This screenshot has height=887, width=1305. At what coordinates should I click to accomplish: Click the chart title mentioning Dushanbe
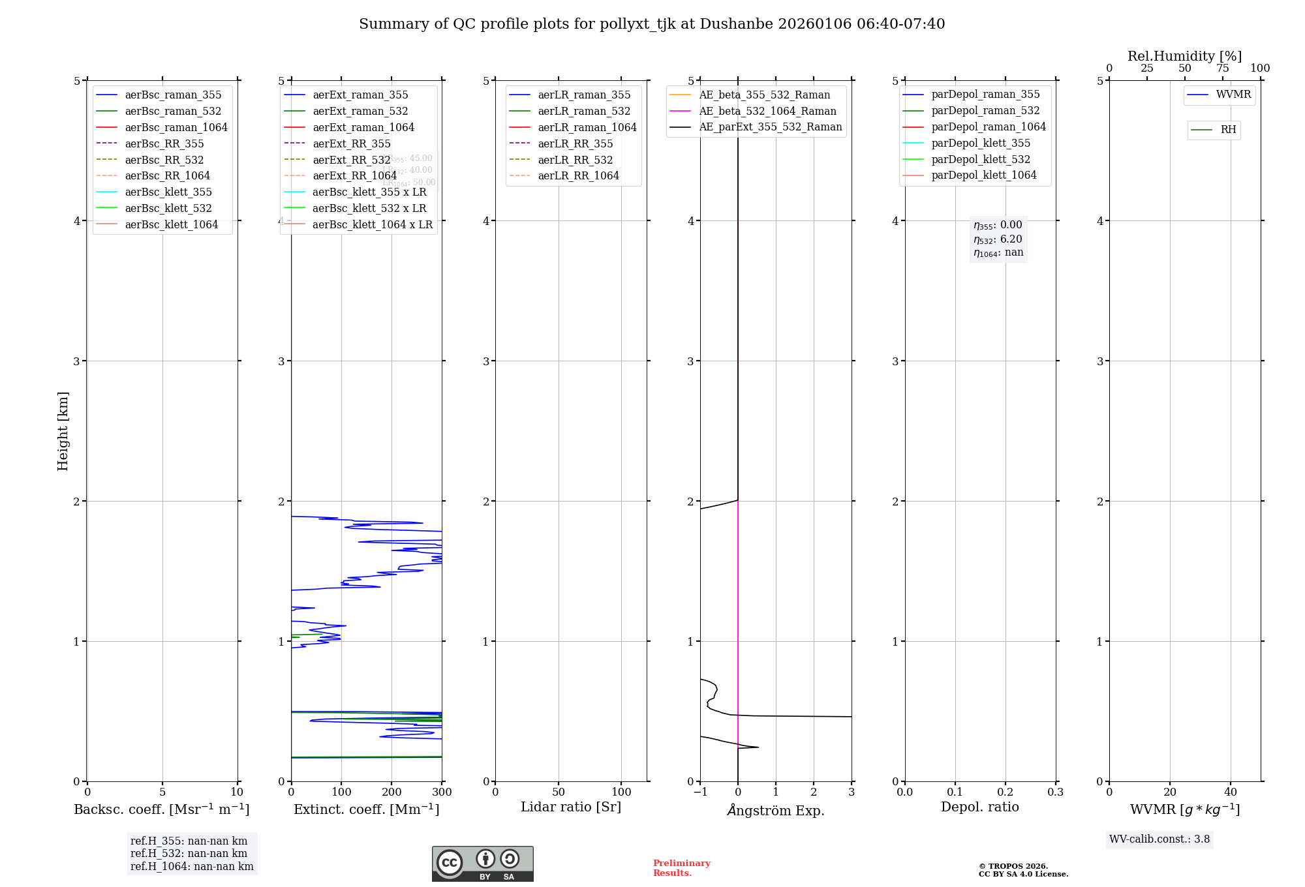tap(652, 24)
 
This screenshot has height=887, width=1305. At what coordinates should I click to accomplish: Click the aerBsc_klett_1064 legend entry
tap(172, 225)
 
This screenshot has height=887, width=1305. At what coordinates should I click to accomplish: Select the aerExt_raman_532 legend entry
tap(360, 112)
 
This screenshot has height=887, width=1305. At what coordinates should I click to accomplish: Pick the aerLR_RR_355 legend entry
tap(575, 144)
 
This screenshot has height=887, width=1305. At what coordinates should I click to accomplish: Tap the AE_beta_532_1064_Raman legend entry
tap(767, 112)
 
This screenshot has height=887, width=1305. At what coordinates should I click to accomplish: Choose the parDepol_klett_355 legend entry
tap(981, 143)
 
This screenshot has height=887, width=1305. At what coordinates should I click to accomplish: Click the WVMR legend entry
tap(1233, 95)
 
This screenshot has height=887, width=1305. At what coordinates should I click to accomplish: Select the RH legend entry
tap(1228, 130)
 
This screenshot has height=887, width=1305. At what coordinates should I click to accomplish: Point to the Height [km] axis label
tap(63, 431)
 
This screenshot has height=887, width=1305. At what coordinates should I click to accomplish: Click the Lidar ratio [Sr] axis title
tap(571, 807)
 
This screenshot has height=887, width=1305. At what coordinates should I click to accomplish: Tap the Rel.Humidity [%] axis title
tap(1184, 57)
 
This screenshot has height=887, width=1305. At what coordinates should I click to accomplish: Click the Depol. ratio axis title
tap(979, 807)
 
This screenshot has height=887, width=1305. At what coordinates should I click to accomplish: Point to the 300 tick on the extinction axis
tap(442, 792)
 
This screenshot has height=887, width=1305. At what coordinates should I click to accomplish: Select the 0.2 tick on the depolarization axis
tap(1006, 792)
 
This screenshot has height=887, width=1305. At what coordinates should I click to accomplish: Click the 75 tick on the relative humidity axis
tap(1222, 68)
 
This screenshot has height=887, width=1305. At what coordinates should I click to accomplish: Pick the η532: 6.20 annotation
tap(998, 239)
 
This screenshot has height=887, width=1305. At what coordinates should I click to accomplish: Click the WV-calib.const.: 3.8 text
tap(1159, 839)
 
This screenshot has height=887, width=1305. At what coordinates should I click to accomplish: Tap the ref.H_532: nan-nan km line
tap(189, 854)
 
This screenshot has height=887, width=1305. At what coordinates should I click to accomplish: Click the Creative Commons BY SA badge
tap(482, 864)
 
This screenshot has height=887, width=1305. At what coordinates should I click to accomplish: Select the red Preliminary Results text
tap(681, 868)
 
